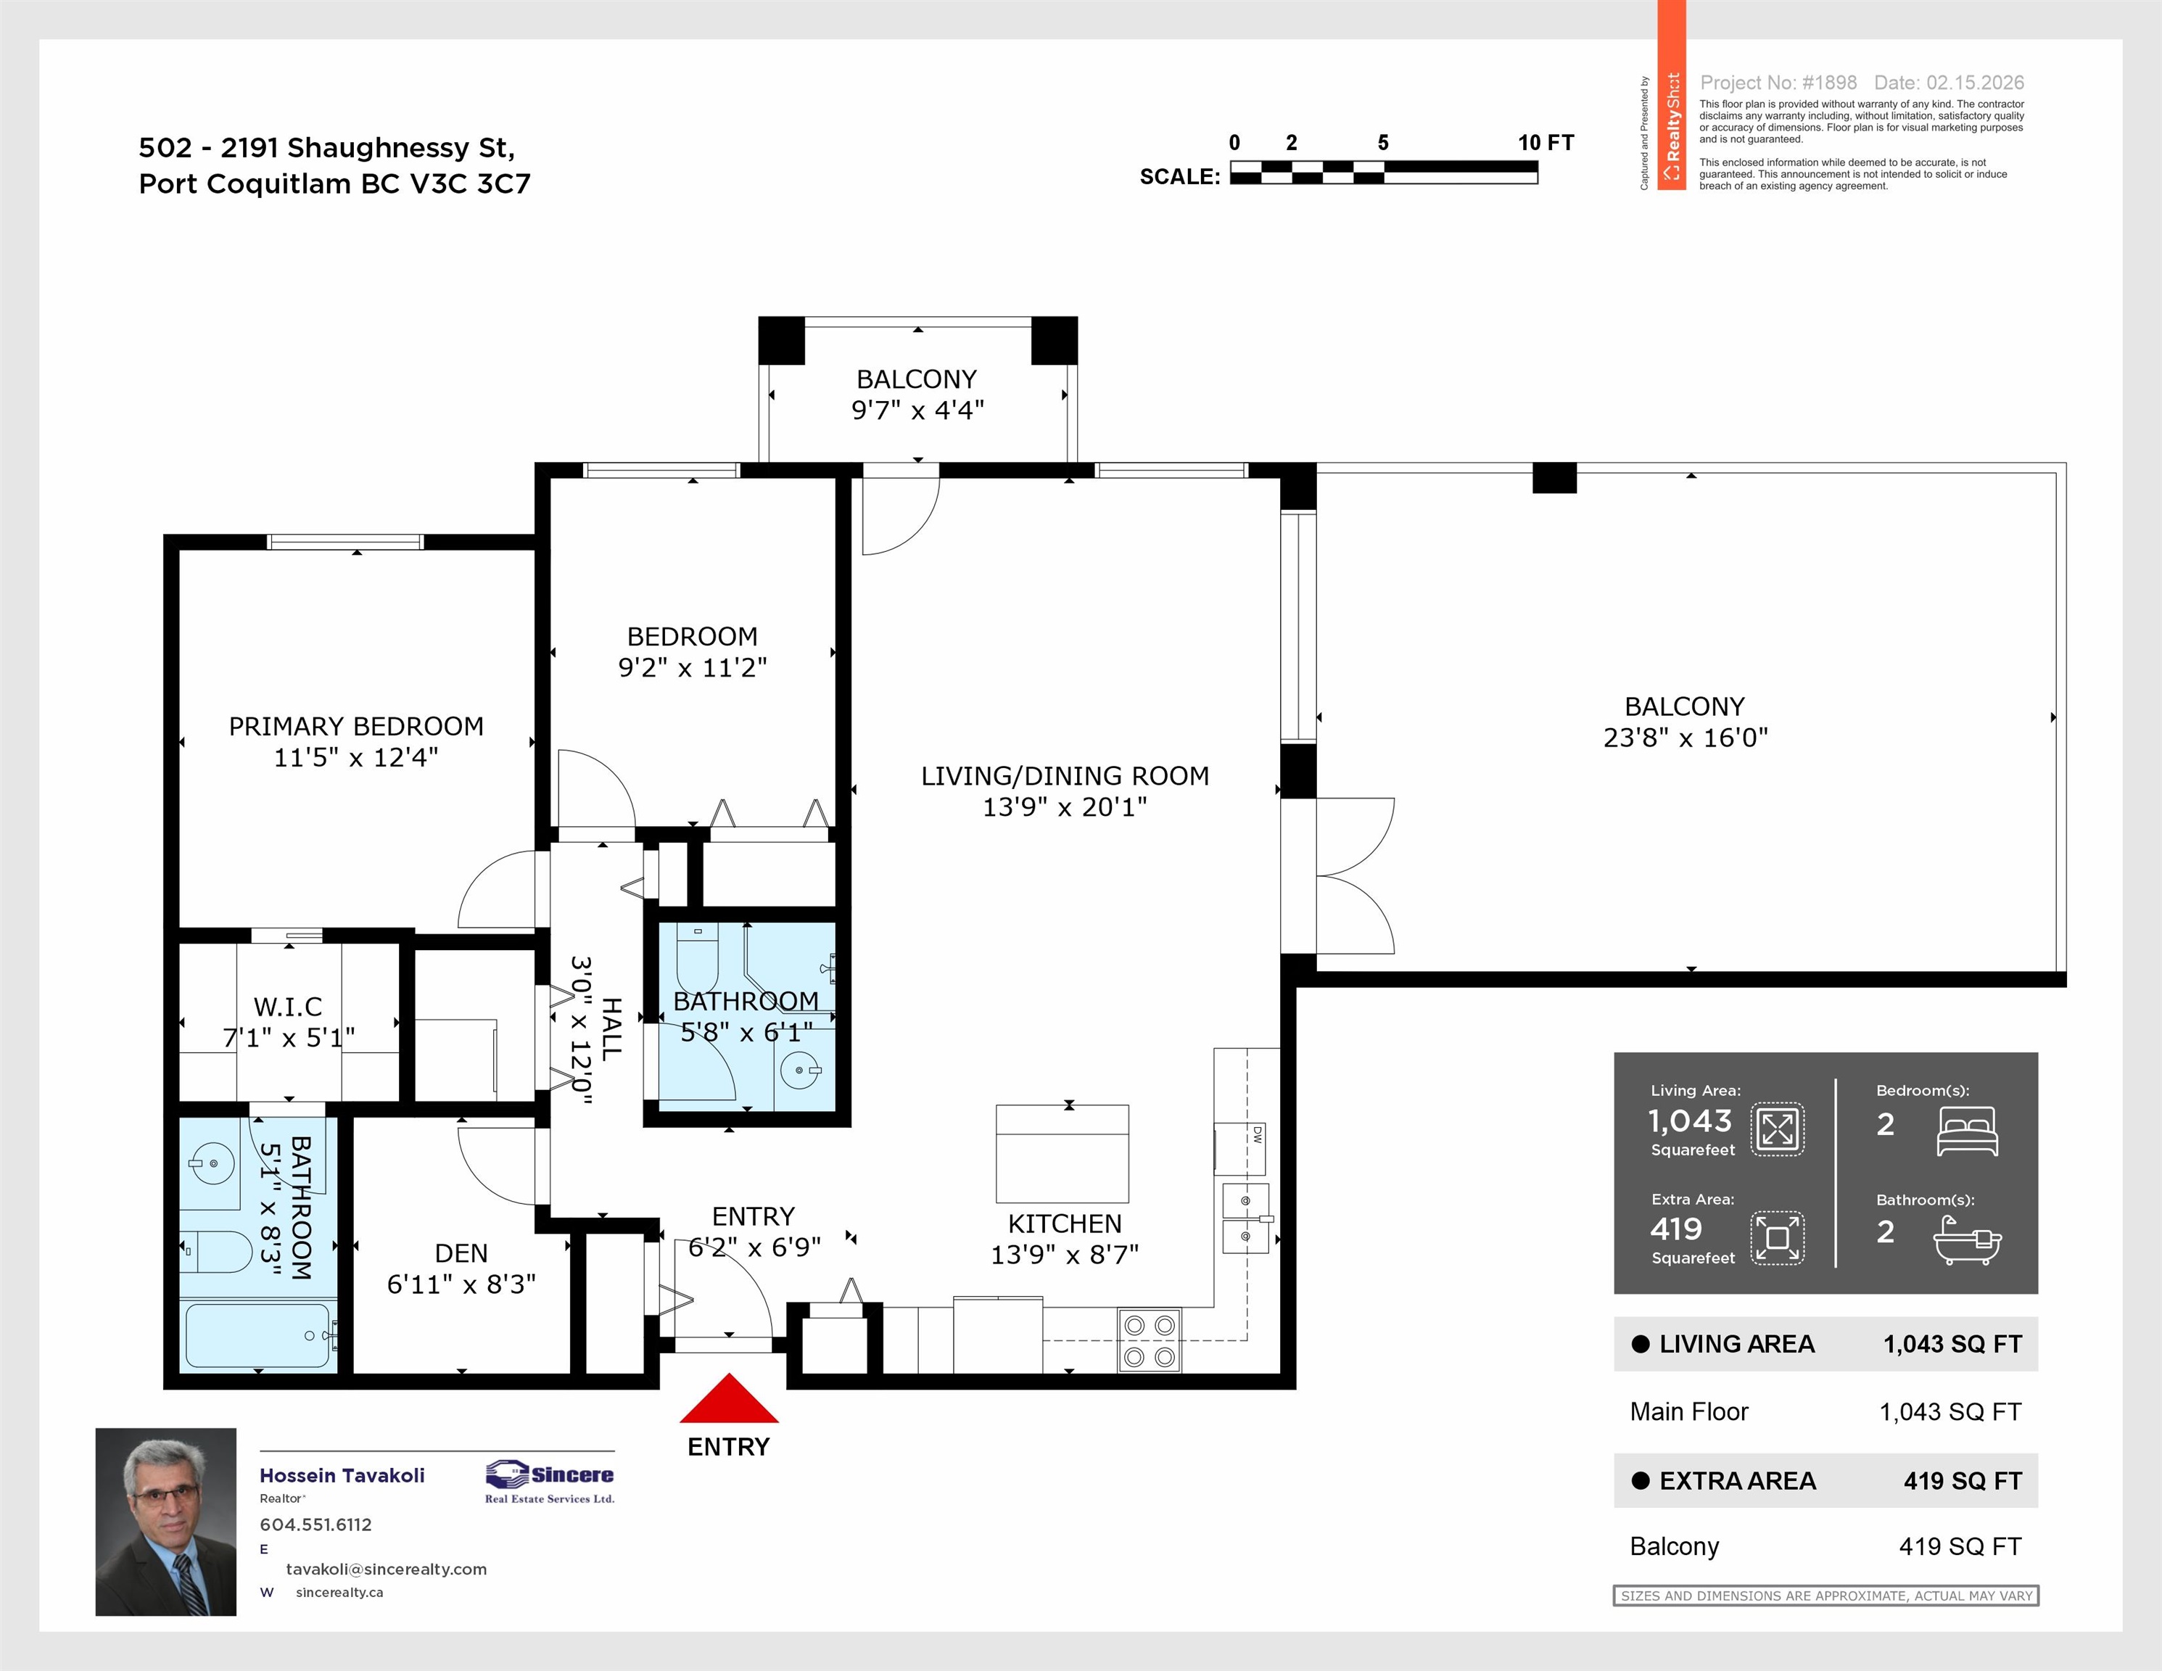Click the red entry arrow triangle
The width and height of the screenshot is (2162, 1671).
click(x=729, y=1400)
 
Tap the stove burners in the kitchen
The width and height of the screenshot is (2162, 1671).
click(x=1150, y=1340)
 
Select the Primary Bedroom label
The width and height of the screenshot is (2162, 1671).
click(x=356, y=727)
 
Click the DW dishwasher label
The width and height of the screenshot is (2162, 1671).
click(x=1257, y=1134)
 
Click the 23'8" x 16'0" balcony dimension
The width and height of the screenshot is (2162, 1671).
click(x=1685, y=738)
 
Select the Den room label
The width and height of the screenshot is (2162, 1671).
click(x=461, y=1253)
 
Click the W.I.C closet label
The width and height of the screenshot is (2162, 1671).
click(x=288, y=1007)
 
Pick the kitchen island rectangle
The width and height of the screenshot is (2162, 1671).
click(x=1063, y=1153)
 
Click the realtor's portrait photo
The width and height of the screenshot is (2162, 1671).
click(x=165, y=1522)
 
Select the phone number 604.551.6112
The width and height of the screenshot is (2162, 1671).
click(x=315, y=1524)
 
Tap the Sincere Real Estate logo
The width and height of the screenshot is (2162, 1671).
click(x=550, y=1481)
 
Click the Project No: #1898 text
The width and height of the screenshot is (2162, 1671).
click(x=1778, y=83)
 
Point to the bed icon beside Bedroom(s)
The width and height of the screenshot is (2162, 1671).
click(x=1967, y=1131)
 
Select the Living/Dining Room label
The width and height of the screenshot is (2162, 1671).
click(x=1065, y=776)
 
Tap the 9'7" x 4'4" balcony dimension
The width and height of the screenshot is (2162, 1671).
click(x=917, y=410)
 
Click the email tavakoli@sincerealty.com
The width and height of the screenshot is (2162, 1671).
click(x=386, y=1569)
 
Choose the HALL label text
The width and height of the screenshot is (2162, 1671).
click(x=612, y=1030)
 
